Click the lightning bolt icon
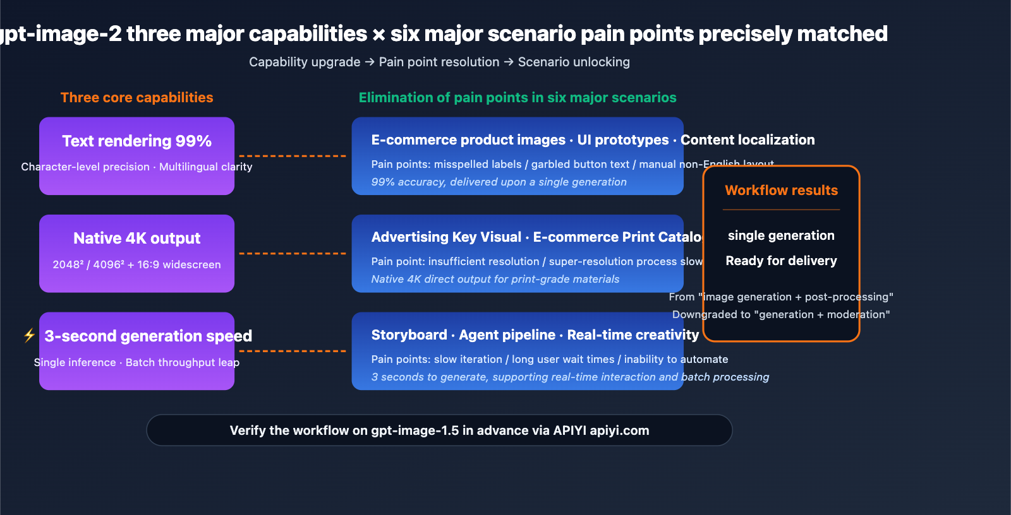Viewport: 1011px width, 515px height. [29, 335]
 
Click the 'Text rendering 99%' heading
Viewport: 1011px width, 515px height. [136, 141]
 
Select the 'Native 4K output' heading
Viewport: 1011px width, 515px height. [136, 238]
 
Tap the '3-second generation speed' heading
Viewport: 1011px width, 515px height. [148, 336]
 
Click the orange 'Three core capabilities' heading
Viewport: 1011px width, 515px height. [136, 97]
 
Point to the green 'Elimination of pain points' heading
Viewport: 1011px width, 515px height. [517, 97]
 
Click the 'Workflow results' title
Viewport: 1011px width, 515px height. [781, 190]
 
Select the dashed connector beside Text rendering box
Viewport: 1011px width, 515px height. [293, 156]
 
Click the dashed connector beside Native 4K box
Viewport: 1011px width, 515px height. [293, 253]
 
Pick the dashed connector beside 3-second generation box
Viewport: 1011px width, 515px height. [293, 351]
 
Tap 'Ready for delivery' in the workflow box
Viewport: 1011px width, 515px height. [781, 261]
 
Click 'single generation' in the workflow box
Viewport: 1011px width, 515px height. [781, 235]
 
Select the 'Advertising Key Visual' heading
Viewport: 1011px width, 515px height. [446, 237]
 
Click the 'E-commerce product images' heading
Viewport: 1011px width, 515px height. [468, 139]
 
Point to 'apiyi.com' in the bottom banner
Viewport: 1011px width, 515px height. [619, 430]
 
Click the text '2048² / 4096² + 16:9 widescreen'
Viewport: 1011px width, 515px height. [136, 264]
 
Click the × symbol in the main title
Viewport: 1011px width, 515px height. [378, 34]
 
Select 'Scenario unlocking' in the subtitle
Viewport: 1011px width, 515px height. [574, 62]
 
